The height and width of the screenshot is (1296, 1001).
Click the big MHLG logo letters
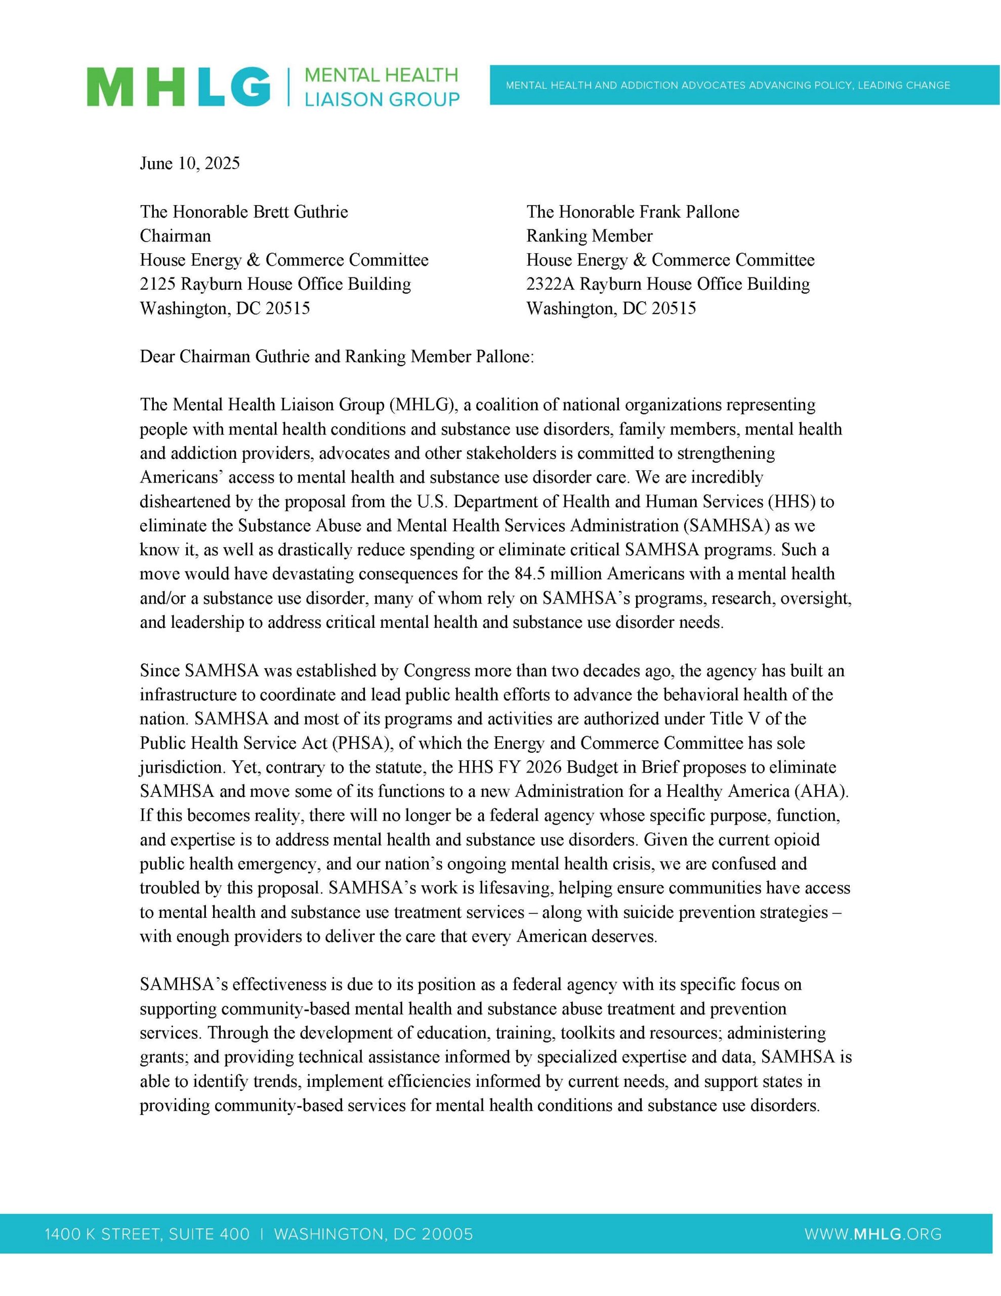point(178,87)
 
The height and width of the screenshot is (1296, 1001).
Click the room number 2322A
point(550,284)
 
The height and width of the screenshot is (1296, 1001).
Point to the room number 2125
point(157,284)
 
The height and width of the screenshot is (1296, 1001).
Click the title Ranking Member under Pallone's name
point(589,236)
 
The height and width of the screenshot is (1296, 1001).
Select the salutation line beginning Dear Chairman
point(337,356)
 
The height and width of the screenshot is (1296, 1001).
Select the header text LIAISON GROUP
point(382,100)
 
